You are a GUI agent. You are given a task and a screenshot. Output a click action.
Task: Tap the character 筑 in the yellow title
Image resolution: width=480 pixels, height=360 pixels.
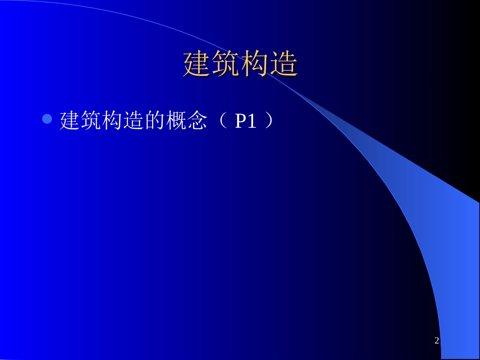click(226, 64)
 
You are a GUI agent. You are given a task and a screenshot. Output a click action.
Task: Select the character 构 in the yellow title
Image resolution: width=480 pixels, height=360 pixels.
click(255, 64)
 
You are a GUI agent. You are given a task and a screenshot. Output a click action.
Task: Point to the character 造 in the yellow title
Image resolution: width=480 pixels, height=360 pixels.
click(283, 64)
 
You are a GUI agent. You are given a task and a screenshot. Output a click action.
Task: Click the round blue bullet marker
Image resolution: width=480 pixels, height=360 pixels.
click(47, 120)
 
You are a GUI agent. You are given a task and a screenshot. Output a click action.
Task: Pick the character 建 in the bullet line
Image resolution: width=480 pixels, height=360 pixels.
click(70, 121)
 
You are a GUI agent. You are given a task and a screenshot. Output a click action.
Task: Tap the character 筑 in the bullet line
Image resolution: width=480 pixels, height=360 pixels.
click(91, 121)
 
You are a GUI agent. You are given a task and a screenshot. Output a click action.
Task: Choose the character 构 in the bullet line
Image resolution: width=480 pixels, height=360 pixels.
click(113, 121)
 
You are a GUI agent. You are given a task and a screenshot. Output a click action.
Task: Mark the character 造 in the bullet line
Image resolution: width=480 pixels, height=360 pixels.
click(134, 121)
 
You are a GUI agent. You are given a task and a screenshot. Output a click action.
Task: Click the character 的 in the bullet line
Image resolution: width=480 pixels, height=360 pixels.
click(155, 121)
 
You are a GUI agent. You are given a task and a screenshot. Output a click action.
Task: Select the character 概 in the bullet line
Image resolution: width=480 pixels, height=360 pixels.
click(176, 121)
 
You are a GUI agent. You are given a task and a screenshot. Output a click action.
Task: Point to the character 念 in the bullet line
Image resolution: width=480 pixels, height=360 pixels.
click(198, 121)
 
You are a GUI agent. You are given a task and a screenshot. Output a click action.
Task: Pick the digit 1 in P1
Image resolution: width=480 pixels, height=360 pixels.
click(252, 121)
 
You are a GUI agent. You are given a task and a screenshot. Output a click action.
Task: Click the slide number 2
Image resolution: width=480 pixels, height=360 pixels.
click(437, 341)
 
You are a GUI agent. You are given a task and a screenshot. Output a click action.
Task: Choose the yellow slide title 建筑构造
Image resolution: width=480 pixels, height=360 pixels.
click(240, 64)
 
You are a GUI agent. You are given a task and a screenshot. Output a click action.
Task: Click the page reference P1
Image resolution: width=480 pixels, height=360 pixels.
click(246, 121)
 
